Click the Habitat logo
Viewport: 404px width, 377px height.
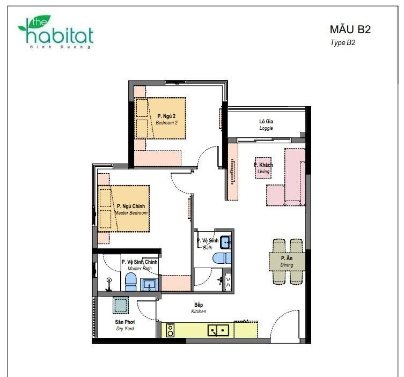pos(56,32)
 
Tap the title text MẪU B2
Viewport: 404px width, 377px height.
pos(350,29)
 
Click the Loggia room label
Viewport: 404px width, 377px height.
pos(266,124)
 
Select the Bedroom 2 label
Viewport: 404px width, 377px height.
pos(166,119)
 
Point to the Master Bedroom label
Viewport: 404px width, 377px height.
pos(131,209)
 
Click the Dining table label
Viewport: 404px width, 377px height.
pos(287,261)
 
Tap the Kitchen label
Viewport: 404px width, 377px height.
pos(199,308)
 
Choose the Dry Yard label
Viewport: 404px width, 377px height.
pos(125,325)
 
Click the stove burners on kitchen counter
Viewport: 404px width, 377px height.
pos(170,330)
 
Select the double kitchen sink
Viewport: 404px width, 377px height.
pos(218,330)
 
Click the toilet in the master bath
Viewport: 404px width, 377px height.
pos(130,282)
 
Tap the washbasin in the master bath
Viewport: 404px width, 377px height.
pos(149,285)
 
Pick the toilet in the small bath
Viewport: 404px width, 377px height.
pos(222,258)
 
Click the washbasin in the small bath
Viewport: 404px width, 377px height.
pos(226,242)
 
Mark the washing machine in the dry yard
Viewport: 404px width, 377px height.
pos(121,305)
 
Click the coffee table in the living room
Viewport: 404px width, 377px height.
pos(263,168)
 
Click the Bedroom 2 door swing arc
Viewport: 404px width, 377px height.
pos(203,152)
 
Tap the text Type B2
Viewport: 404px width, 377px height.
pos(343,42)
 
